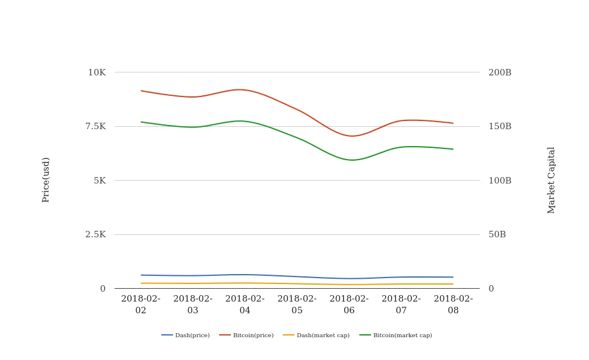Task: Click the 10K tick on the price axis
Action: [96, 72]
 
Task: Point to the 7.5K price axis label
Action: [95, 126]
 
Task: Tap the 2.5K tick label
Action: [95, 234]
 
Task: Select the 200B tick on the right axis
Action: [500, 72]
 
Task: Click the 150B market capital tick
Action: [500, 126]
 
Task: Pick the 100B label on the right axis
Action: [500, 181]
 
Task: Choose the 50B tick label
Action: [497, 234]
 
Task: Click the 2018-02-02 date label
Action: [141, 304]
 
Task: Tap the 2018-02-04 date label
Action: [245, 304]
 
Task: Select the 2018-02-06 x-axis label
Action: [349, 304]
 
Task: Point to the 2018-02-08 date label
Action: [453, 304]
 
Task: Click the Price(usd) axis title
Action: [46, 179]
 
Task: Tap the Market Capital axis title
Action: [552, 180]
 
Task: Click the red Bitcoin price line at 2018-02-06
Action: [349, 136]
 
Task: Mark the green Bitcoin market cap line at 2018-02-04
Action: [245, 122]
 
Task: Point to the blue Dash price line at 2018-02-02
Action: [141, 275]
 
